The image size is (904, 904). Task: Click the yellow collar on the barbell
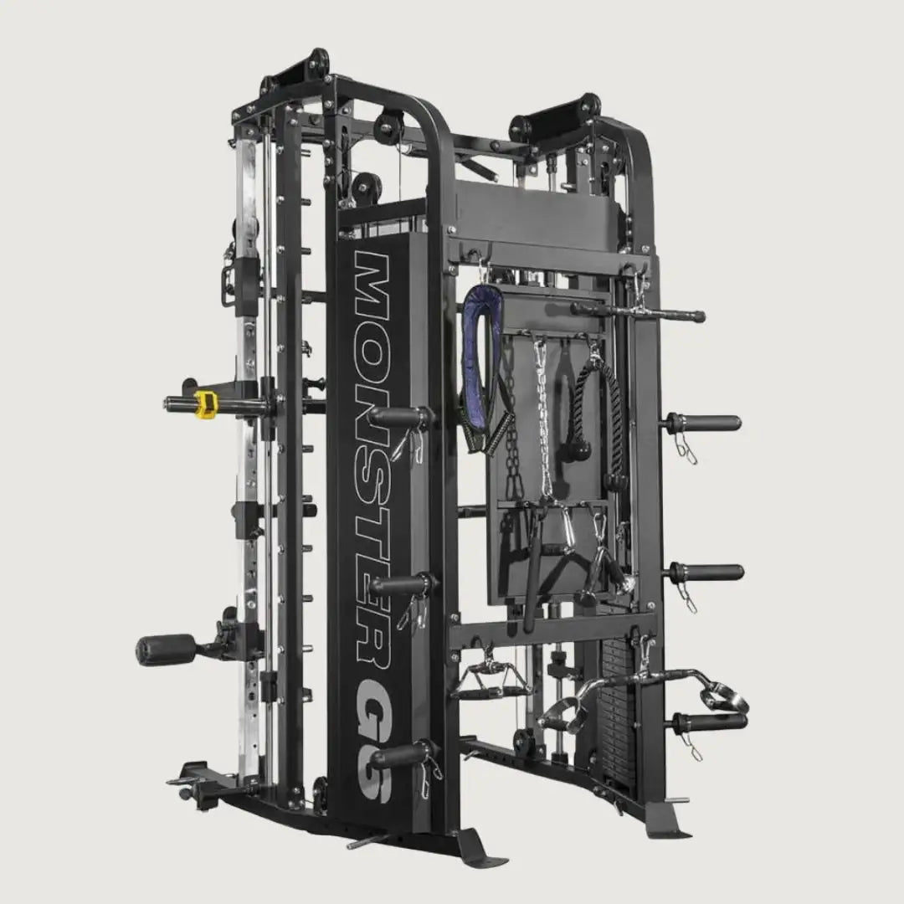point(205,403)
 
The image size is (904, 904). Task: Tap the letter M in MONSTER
point(372,285)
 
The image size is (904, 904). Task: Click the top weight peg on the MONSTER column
point(400,416)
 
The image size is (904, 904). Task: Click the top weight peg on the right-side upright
point(703,423)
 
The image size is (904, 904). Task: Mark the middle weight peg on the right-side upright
point(705,573)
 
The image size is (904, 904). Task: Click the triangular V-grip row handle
point(492,680)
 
